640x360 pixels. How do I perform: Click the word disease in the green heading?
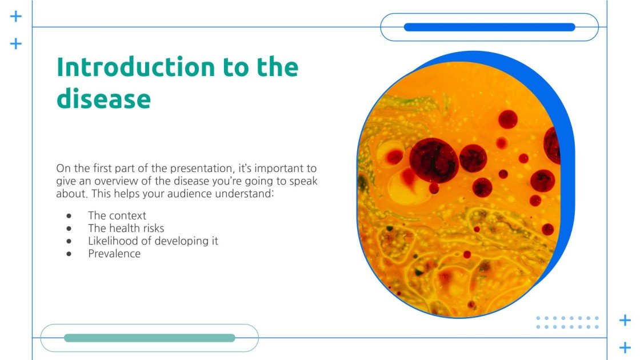(103, 98)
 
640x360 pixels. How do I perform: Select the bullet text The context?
(117, 215)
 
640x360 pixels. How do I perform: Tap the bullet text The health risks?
(126, 228)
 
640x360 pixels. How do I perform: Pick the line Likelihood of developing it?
(153, 241)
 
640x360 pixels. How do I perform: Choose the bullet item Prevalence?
(114, 253)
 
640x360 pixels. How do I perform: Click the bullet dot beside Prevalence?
(70, 253)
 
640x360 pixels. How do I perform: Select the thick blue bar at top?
(489, 27)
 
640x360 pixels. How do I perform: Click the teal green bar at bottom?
(150, 338)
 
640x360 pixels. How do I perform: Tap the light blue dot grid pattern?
(567, 323)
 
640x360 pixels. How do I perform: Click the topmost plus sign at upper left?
(16, 16)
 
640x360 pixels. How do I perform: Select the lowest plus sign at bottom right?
(625, 347)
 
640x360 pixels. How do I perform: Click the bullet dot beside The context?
(70, 215)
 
